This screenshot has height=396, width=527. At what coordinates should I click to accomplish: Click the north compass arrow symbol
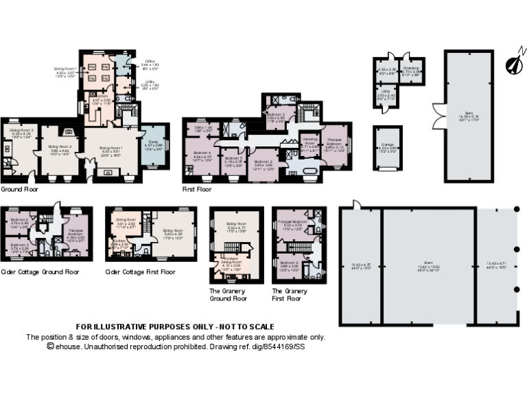click(513, 63)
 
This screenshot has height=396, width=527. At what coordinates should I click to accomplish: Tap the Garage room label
click(387, 145)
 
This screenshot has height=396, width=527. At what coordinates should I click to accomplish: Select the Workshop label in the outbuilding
click(411, 69)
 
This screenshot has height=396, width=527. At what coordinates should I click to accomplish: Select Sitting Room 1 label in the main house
click(112, 148)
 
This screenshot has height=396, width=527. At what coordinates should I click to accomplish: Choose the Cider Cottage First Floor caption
click(140, 272)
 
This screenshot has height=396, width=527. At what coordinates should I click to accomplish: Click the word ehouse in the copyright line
click(67, 347)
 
